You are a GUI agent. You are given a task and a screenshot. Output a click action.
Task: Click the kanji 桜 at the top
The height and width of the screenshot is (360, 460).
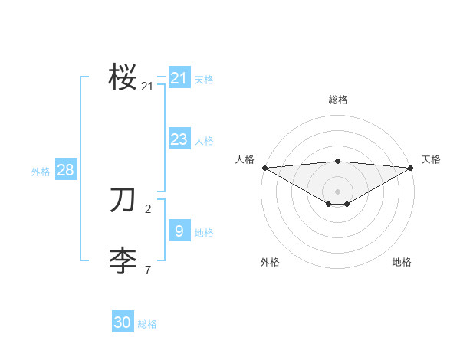[x=123, y=77]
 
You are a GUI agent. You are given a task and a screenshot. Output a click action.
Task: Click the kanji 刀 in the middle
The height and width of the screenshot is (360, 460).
[x=123, y=200]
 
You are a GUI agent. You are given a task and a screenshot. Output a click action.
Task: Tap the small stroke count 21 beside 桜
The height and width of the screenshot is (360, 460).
[x=147, y=87]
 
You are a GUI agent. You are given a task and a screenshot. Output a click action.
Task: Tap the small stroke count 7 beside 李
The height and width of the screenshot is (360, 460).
[x=147, y=270]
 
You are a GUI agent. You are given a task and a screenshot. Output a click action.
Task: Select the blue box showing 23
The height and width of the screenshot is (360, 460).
[x=179, y=139]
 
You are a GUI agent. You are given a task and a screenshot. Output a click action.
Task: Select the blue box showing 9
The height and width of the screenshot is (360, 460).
[x=179, y=231]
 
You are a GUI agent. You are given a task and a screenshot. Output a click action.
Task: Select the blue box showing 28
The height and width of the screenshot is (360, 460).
[x=65, y=170]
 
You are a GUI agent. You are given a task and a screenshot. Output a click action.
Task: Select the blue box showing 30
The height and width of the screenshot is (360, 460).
[x=123, y=322]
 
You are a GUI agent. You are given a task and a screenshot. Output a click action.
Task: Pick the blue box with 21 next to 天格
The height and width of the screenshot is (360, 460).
[x=179, y=78]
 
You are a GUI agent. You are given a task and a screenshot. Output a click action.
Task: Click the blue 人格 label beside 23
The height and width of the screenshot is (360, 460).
[x=204, y=141]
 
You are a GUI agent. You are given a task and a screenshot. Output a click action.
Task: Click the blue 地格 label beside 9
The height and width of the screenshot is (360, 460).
[x=204, y=233]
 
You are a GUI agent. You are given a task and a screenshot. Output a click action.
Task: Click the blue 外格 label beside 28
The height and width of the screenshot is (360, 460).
[x=41, y=172]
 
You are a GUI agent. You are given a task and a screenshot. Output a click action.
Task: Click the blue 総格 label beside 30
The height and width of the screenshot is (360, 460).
[x=147, y=325]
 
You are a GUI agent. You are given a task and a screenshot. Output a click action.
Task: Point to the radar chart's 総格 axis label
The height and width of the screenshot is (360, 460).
[x=337, y=100]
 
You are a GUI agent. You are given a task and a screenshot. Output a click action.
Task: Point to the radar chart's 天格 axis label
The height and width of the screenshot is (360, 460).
[x=432, y=159]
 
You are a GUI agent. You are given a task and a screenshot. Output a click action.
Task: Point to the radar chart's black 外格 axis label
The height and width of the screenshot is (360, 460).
[x=270, y=262]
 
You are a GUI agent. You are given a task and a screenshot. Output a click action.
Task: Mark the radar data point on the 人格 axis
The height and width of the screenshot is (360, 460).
[x=264, y=167]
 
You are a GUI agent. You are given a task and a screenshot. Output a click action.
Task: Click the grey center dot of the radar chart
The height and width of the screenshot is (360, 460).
[x=337, y=191]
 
